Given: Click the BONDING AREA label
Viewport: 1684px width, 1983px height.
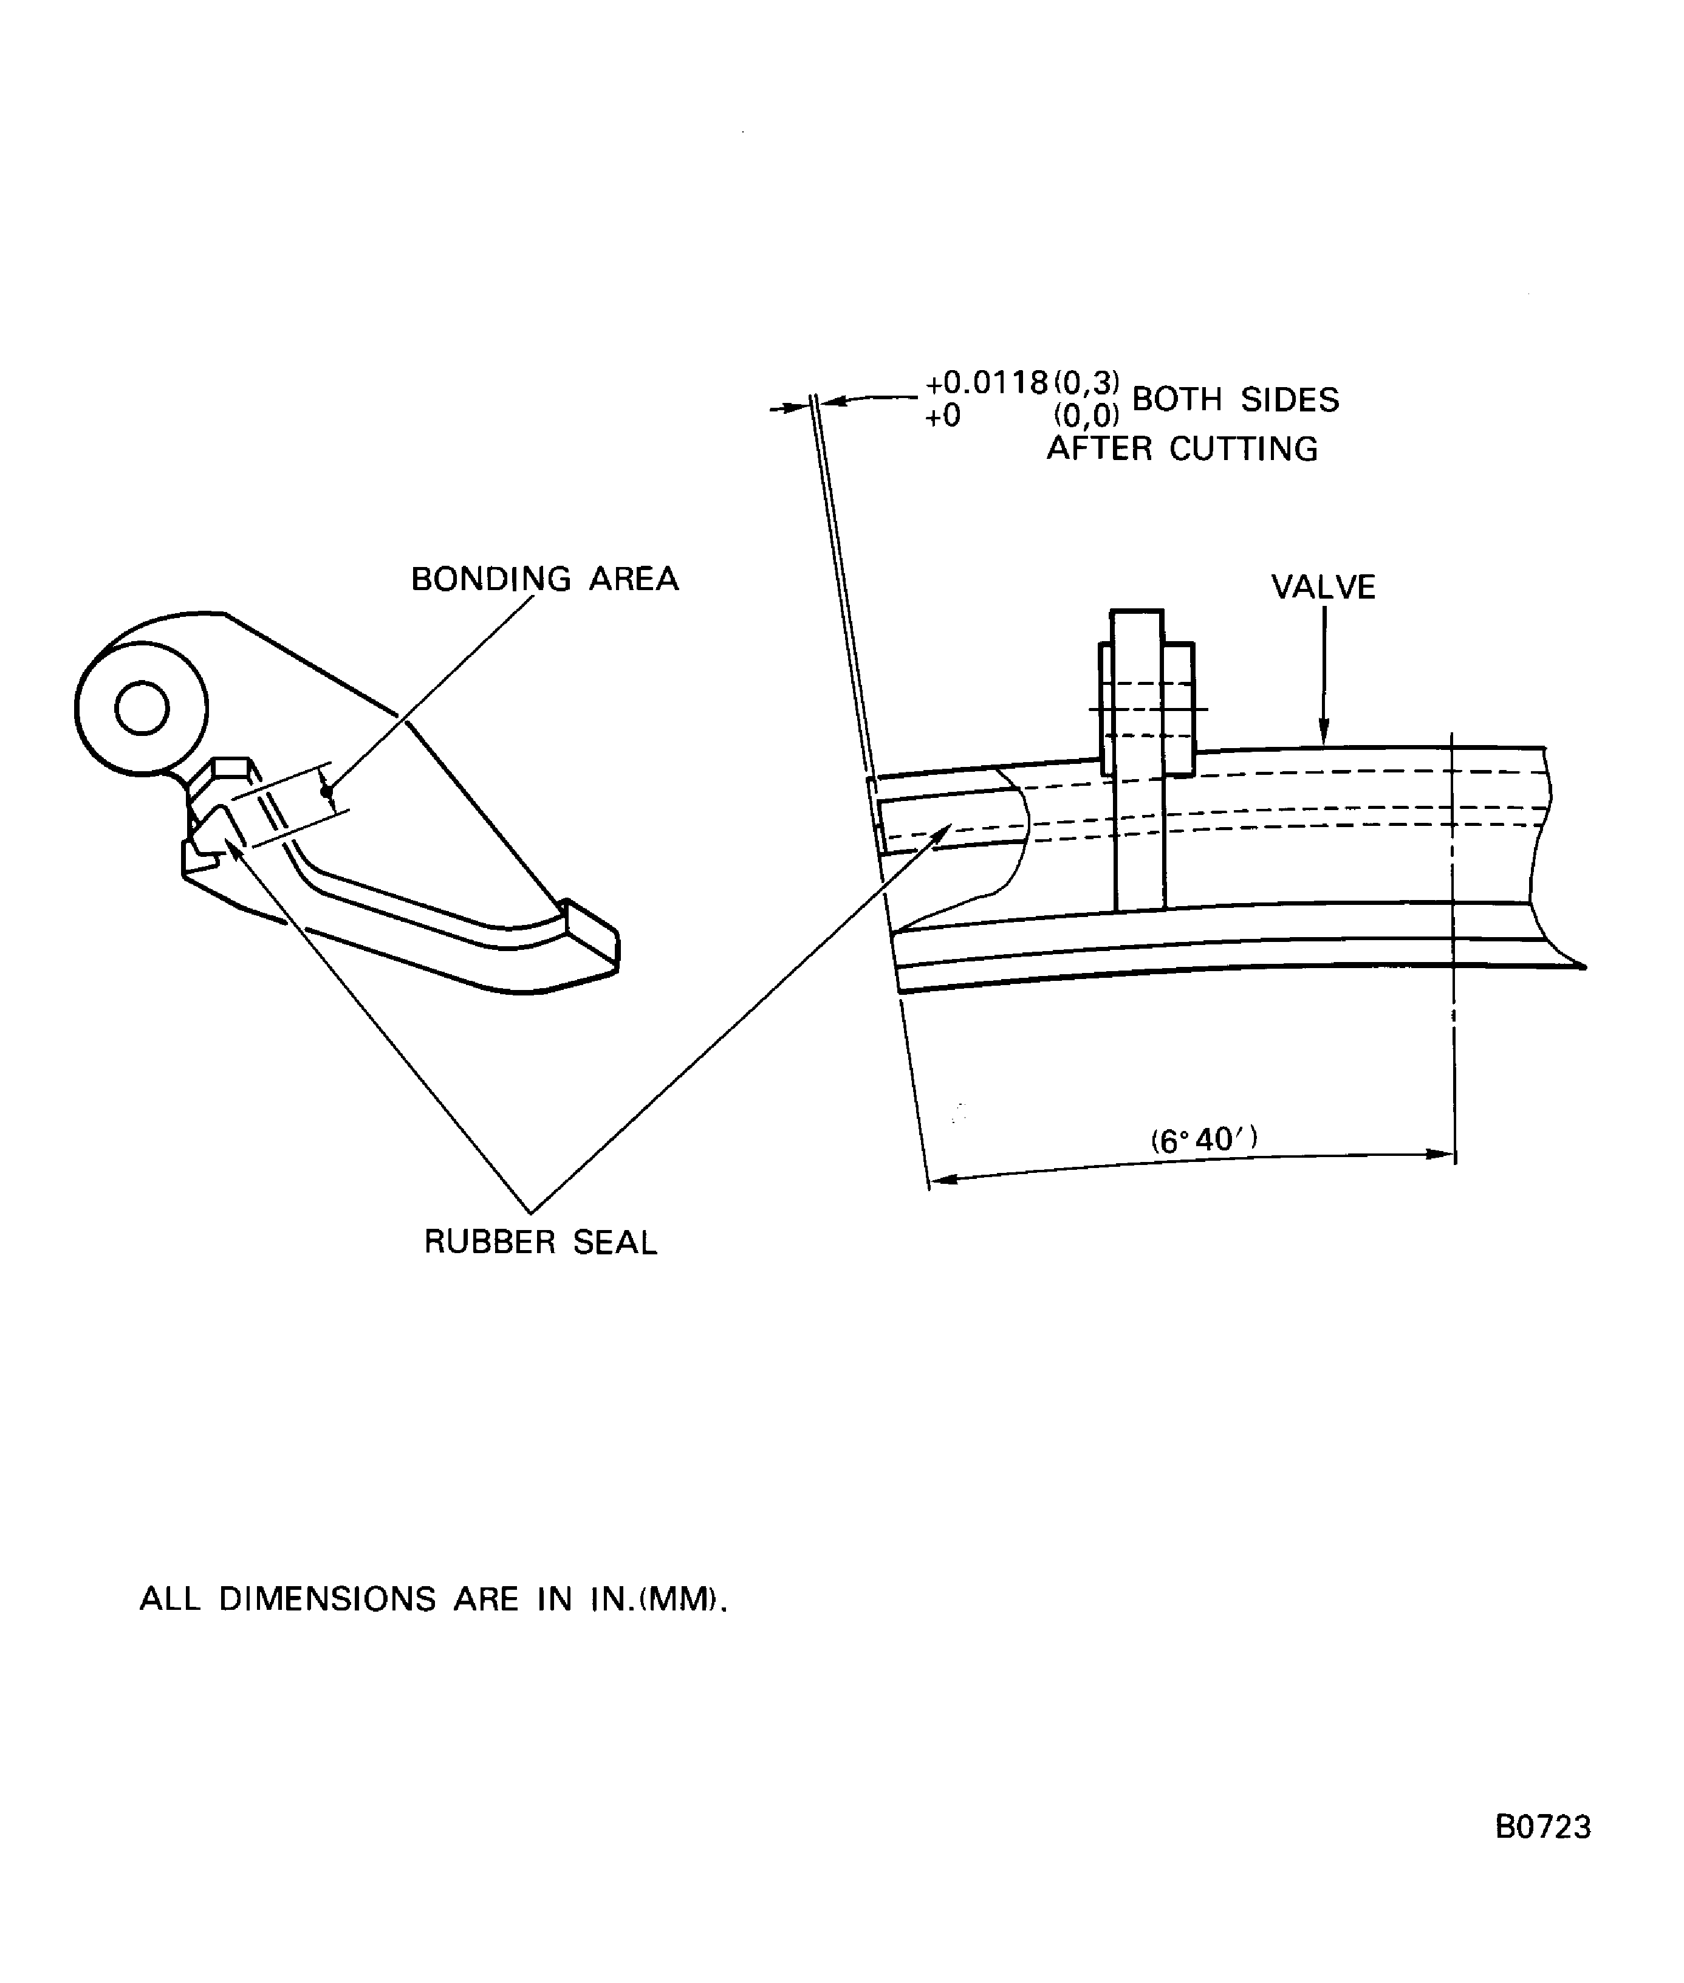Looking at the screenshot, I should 544,579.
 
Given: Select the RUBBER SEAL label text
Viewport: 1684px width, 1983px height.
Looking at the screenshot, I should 540,1242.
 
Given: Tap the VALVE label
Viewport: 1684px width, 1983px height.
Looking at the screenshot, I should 1323,586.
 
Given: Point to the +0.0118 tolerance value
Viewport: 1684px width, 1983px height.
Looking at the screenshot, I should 988,383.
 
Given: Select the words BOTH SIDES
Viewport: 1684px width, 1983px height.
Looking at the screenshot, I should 1235,399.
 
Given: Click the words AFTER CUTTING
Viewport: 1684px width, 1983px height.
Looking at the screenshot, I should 1182,448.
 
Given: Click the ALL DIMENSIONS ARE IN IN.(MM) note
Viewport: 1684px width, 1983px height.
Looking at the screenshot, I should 433,1598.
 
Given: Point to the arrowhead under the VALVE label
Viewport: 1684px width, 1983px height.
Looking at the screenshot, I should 1323,735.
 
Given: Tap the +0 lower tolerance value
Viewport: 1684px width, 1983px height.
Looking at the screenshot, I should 943,416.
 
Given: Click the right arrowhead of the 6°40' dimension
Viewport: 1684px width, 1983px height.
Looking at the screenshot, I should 1442,1154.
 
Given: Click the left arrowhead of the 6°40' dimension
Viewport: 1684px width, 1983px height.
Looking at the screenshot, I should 941,1180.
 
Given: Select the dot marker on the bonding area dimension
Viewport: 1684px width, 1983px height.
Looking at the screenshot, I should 326,791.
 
